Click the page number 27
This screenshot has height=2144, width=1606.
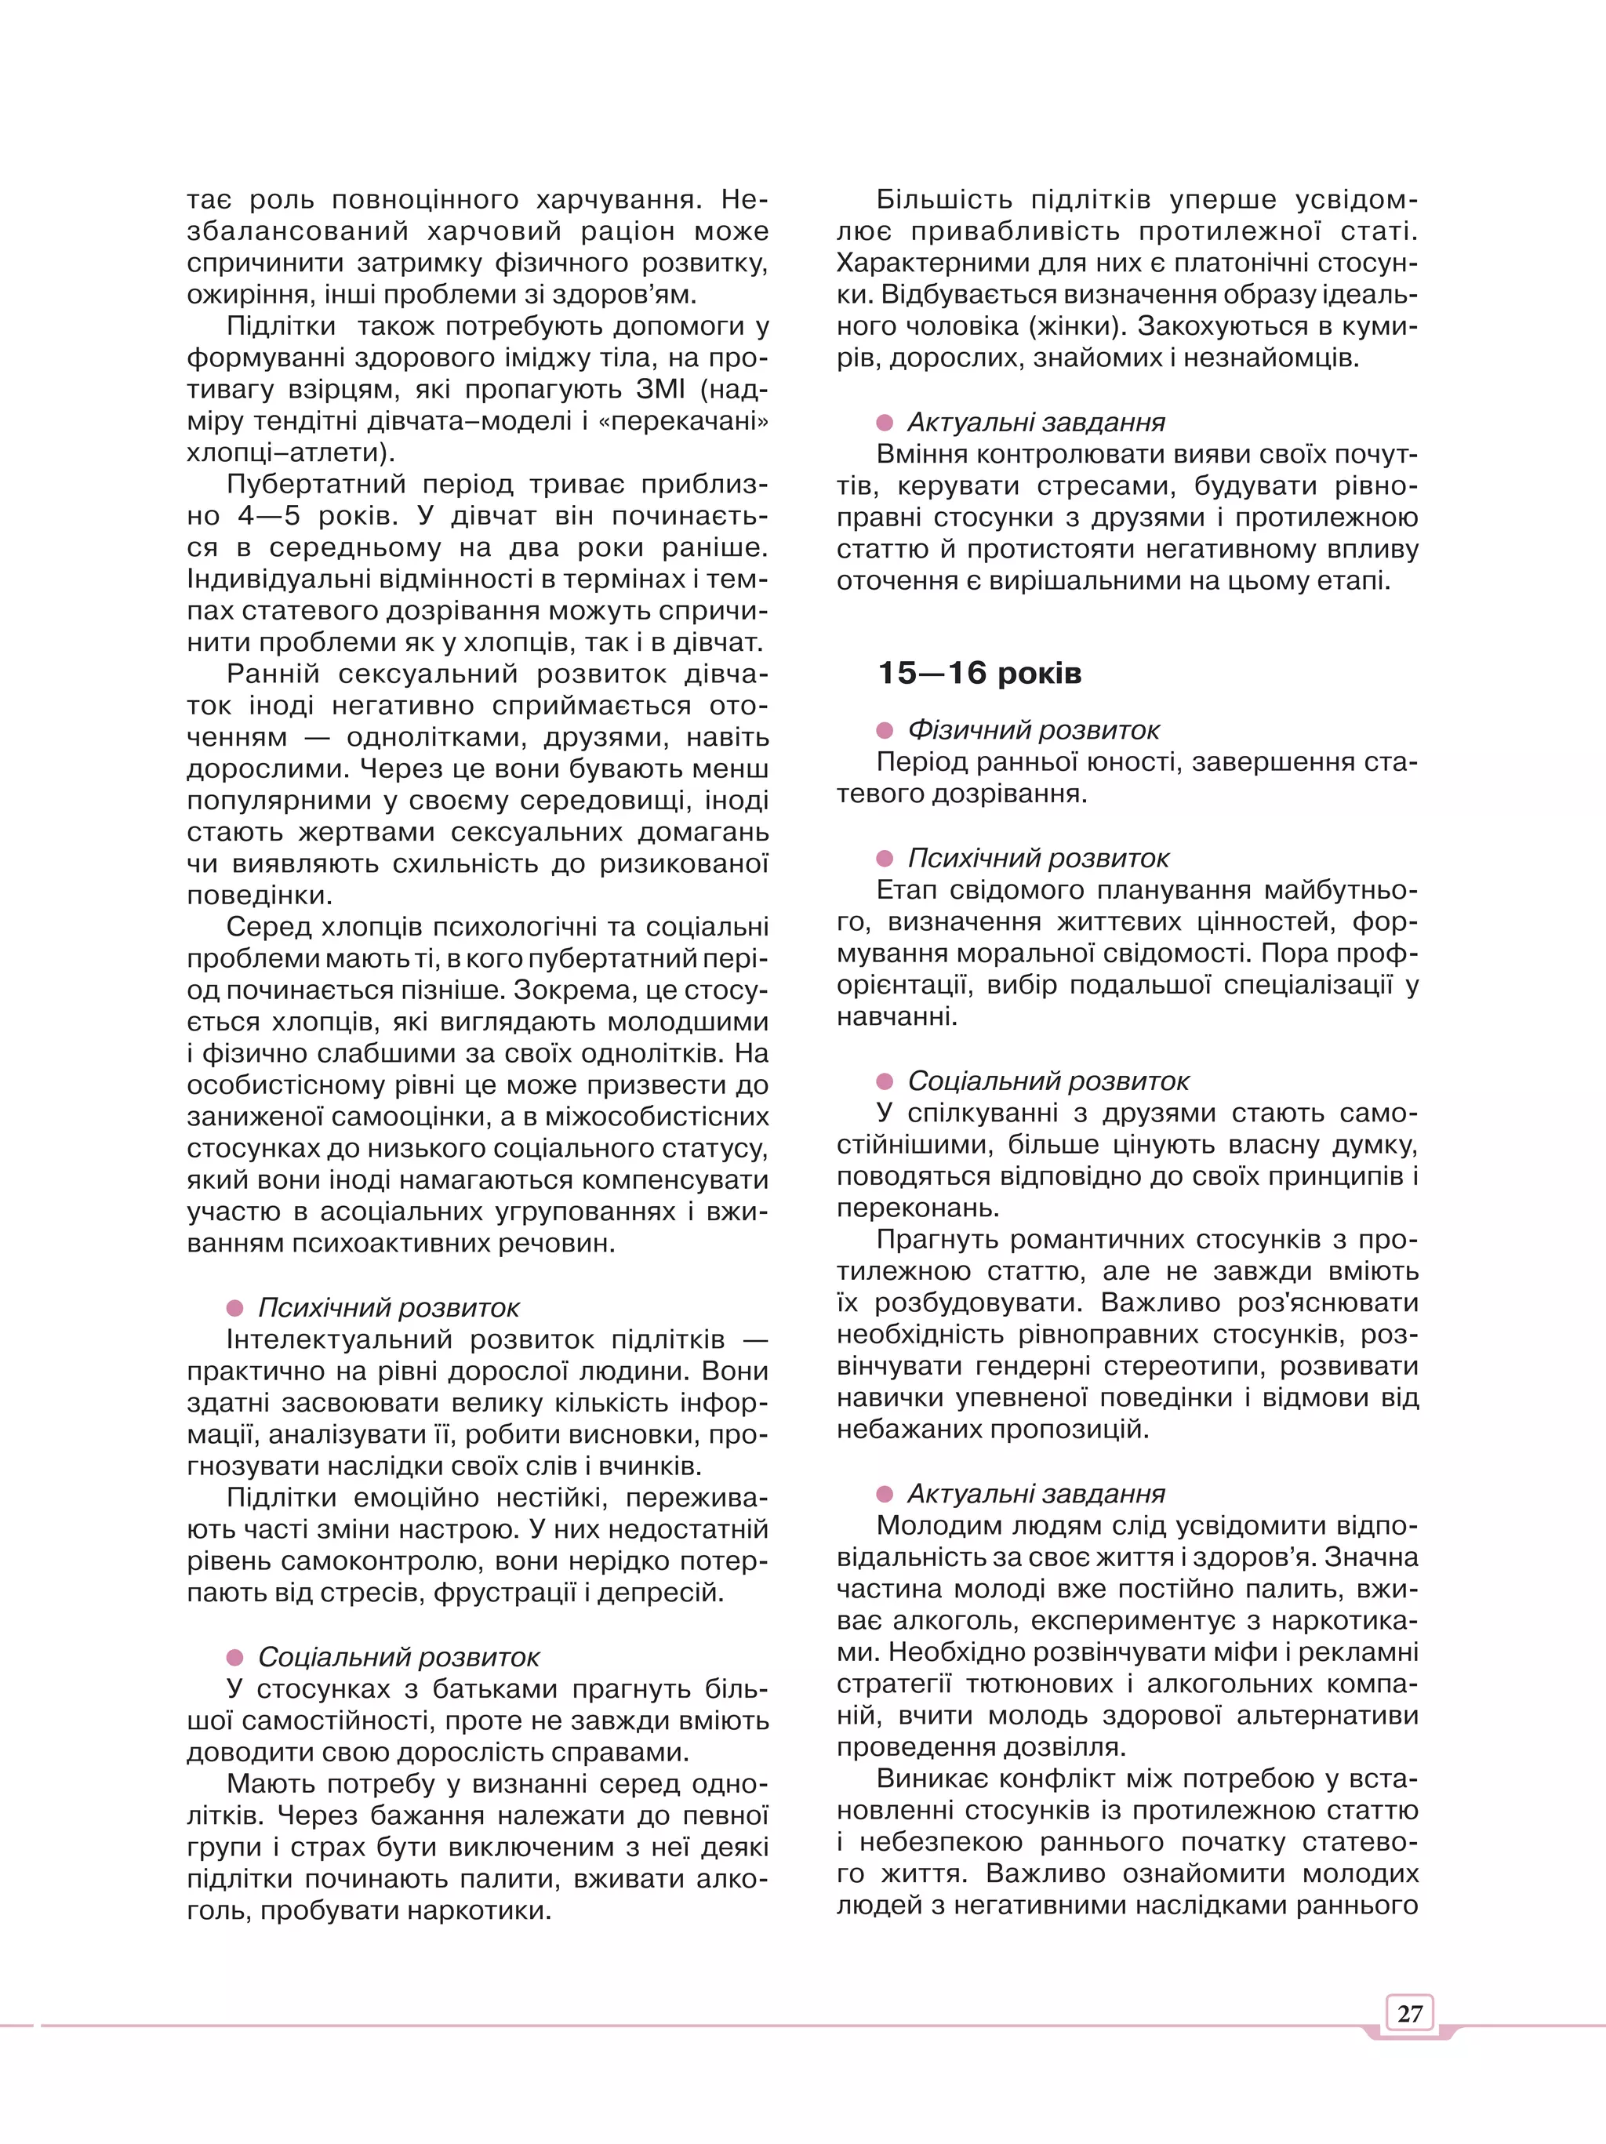1409,2013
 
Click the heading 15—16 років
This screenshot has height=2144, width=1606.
979,673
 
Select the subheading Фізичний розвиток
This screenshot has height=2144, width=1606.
1034,730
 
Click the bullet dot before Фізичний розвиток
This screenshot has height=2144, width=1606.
884,730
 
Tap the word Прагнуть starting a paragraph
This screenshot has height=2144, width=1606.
945,1240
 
